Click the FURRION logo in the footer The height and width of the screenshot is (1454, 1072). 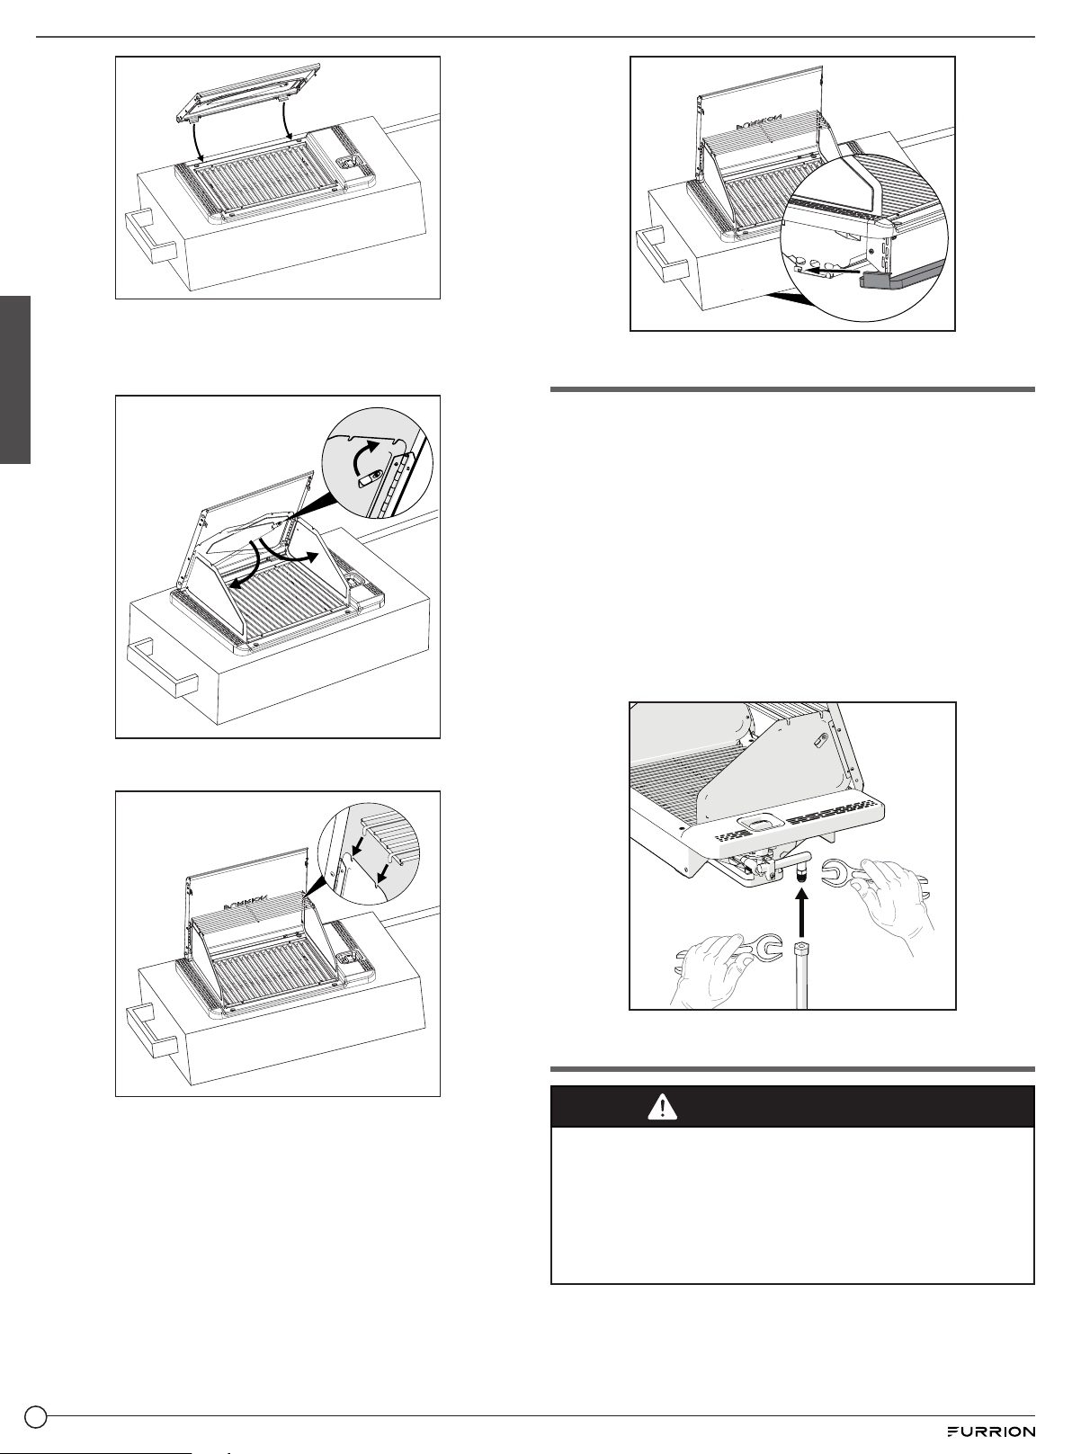[x=991, y=1431]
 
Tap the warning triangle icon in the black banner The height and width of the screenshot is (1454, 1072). [x=662, y=1107]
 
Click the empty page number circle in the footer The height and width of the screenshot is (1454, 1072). [x=36, y=1416]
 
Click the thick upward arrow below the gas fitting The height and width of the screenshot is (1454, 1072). [x=803, y=912]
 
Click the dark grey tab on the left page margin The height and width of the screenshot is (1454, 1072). [x=15, y=379]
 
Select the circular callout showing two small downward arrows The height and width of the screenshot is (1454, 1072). [x=369, y=852]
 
